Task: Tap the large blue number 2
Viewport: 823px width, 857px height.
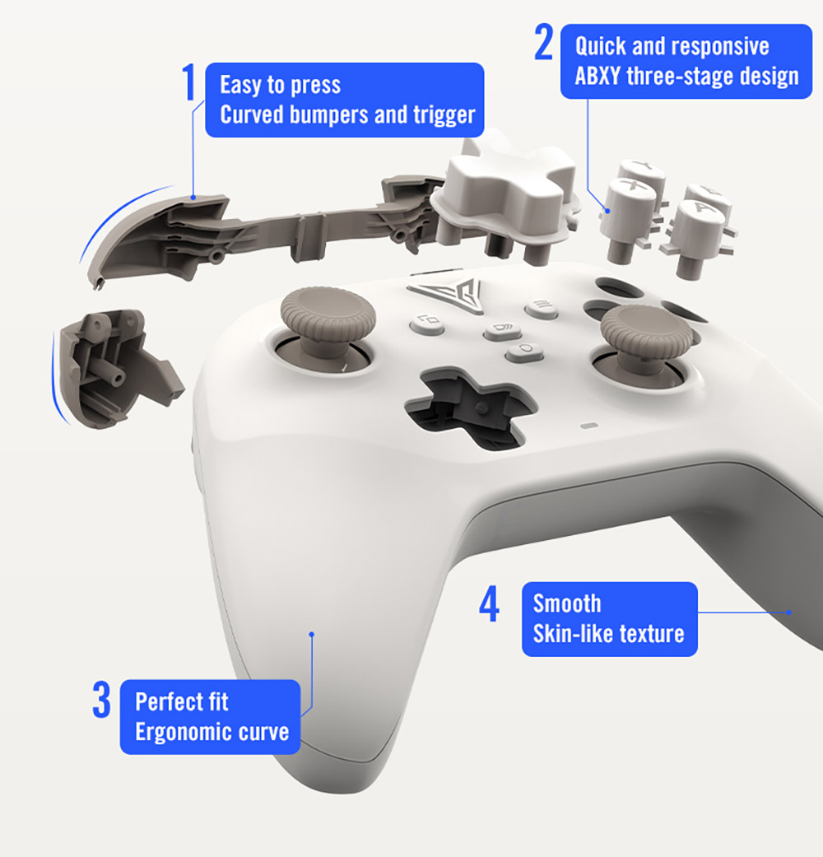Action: coord(543,43)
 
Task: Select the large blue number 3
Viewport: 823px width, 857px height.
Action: coord(101,700)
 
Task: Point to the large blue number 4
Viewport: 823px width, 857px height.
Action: coord(489,605)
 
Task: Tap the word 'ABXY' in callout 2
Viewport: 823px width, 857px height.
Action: coord(598,77)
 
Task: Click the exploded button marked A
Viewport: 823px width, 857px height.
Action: coord(699,222)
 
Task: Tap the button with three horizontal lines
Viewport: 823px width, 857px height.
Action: coord(541,308)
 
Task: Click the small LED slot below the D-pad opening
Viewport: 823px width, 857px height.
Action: coord(588,426)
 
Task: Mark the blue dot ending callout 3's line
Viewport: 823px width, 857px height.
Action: coord(312,634)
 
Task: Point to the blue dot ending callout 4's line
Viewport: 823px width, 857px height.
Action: coord(788,612)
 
